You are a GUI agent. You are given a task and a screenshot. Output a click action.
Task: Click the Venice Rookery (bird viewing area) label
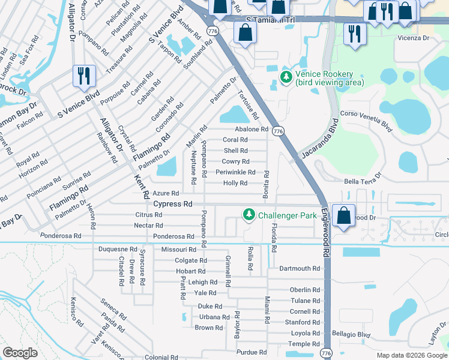[x=330, y=78]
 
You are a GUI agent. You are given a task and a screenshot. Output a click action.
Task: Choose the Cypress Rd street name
[x=173, y=204]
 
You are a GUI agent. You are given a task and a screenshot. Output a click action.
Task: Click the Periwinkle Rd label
[x=235, y=172]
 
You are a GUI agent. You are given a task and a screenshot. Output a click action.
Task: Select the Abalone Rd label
[x=251, y=129]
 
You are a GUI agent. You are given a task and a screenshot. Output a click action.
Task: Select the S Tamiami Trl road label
[x=271, y=19]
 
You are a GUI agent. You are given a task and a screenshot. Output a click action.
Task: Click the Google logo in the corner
[x=20, y=353]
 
